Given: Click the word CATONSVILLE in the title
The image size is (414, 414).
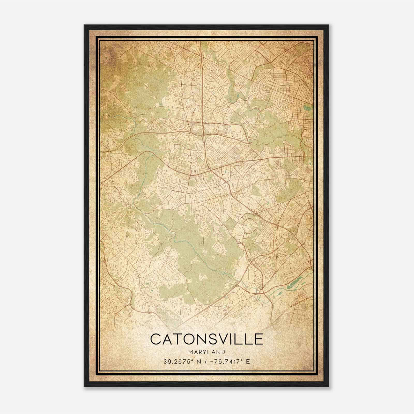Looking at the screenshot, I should (x=207, y=339).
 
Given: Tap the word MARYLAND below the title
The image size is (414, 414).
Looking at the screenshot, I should (x=207, y=352).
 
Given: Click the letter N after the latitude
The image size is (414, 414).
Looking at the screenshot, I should (x=199, y=361).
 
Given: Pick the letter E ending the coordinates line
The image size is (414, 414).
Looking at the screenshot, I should (x=248, y=361).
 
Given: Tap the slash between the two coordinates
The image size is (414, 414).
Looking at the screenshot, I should (x=206, y=361).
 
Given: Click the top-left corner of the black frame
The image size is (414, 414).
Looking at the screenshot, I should (x=85, y=25).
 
